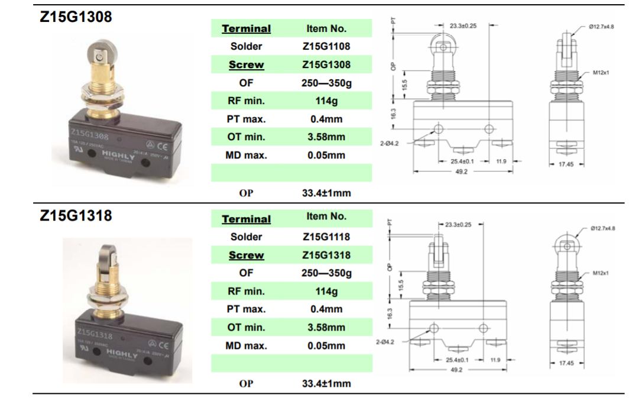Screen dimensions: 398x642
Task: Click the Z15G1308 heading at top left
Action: coord(76,17)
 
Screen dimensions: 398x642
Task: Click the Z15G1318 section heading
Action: coord(76,215)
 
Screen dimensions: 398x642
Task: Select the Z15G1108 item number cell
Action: coord(326,46)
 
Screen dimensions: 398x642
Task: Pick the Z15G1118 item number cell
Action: coord(326,237)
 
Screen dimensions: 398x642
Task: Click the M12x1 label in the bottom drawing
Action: coord(601,273)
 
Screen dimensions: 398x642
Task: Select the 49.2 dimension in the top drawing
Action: coord(462,172)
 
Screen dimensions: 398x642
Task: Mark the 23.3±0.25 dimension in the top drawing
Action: coord(463,26)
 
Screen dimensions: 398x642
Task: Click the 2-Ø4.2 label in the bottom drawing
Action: coord(384,342)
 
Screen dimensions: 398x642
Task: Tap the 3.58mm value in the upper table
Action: coord(326,137)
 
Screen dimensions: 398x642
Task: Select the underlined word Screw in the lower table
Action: coord(246,255)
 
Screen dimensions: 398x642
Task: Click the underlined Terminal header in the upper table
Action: coord(246,28)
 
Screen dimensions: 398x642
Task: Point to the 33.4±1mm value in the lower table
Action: coord(326,383)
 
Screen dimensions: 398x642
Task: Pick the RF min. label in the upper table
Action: coord(246,101)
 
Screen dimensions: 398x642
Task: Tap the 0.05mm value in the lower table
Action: coord(326,346)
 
